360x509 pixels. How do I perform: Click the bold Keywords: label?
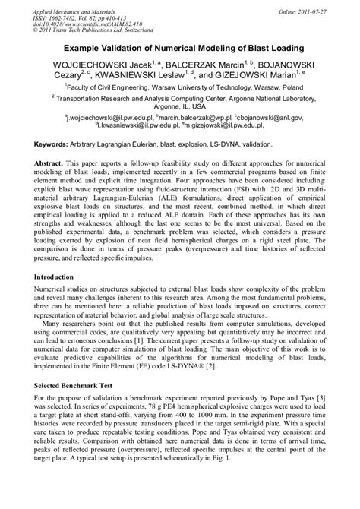56,144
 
